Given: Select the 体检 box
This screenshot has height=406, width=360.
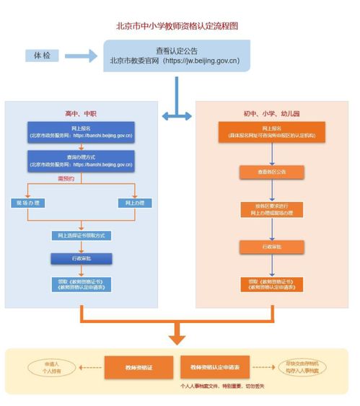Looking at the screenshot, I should click(x=43, y=56).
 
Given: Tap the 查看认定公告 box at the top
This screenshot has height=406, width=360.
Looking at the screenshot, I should click(x=176, y=56).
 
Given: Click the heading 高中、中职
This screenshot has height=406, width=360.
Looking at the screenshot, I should click(x=81, y=114).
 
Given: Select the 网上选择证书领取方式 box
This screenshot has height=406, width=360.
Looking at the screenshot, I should click(x=81, y=236).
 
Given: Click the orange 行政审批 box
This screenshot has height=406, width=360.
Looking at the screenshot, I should click(x=272, y=247).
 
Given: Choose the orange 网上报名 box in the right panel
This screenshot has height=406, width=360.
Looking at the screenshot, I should click(x=272, y=133).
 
